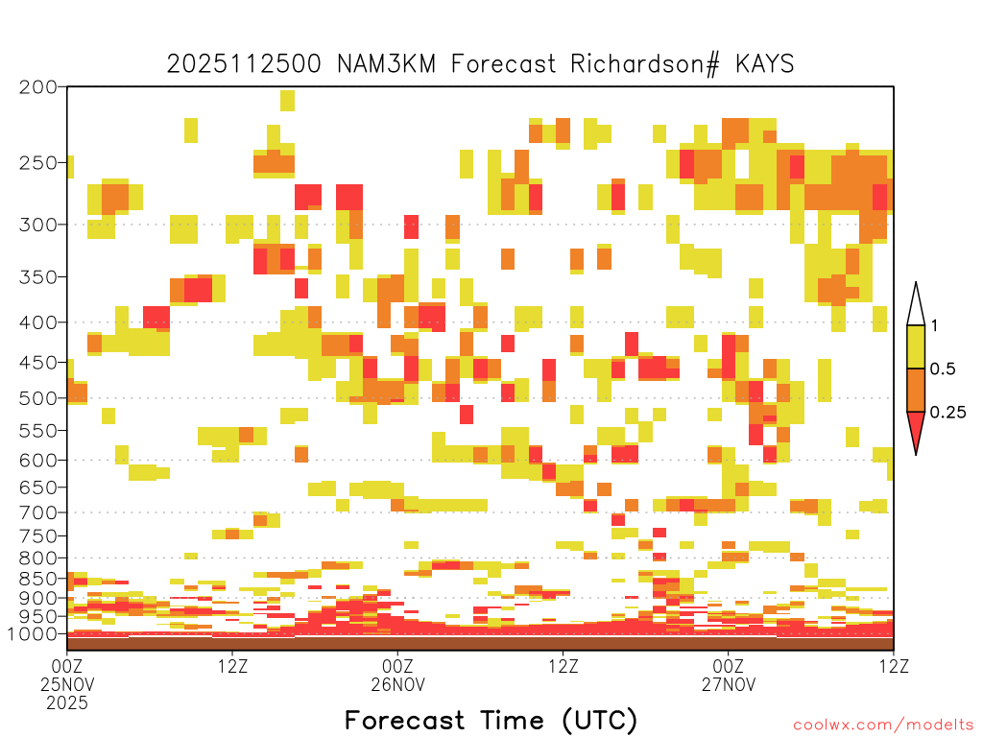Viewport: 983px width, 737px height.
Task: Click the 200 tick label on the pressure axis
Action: point(38,87)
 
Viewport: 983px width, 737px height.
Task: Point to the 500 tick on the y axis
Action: point(38,398)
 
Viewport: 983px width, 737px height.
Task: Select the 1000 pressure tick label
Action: point(32,634)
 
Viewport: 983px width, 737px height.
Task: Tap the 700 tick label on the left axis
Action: point(38,512)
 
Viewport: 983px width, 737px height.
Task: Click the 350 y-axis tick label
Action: point(38,277)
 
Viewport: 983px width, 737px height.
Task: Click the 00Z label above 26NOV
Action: point(398,666)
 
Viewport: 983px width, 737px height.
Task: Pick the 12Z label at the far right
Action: point(894,666)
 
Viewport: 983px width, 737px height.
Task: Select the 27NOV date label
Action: point(729,684)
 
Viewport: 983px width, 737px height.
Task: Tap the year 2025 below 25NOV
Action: point(67,703)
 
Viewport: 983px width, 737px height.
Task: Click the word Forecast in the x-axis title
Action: point(405,720)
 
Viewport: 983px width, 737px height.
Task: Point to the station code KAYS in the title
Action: point(764,64)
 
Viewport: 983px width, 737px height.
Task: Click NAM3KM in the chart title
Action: point(386,64)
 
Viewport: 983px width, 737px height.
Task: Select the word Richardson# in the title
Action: point(645,64)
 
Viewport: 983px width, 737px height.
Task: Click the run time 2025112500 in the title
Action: point(244,64)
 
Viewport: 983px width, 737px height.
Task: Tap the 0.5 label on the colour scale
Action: point(943,368)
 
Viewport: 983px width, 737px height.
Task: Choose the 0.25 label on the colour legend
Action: point(947,412)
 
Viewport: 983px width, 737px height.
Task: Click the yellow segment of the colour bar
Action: point(916,346)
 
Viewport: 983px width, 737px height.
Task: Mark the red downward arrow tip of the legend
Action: point(916,454)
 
